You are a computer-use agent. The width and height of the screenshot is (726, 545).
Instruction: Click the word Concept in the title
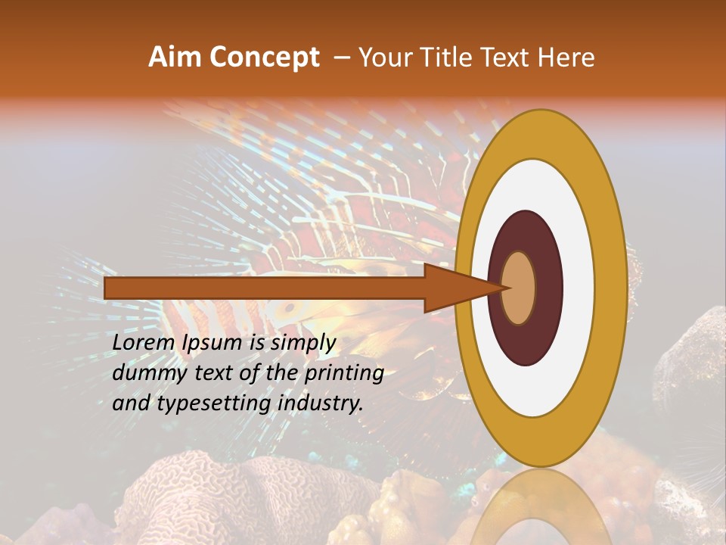tap(263, 58)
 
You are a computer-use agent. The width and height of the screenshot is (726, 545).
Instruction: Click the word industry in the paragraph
tap(321, 403)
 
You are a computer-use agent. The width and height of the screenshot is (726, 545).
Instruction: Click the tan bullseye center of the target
tap(519, 288)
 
